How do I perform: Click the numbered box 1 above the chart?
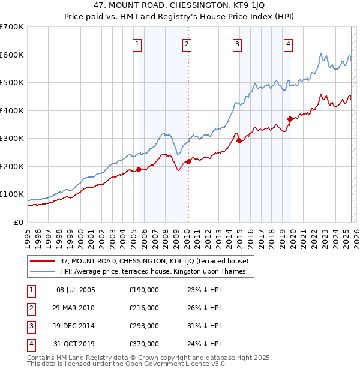pos(137,43)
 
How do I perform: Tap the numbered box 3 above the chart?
pos(238,43)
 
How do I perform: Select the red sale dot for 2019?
pos(290,119)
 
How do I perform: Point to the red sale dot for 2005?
pos(139,169)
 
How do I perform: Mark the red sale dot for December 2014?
pos(239,140)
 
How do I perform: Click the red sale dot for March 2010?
pos(188,161)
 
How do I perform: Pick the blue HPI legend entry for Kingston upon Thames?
pos(157,272)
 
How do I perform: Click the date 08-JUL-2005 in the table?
pos(76,290)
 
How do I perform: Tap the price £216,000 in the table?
pos(144,308)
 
